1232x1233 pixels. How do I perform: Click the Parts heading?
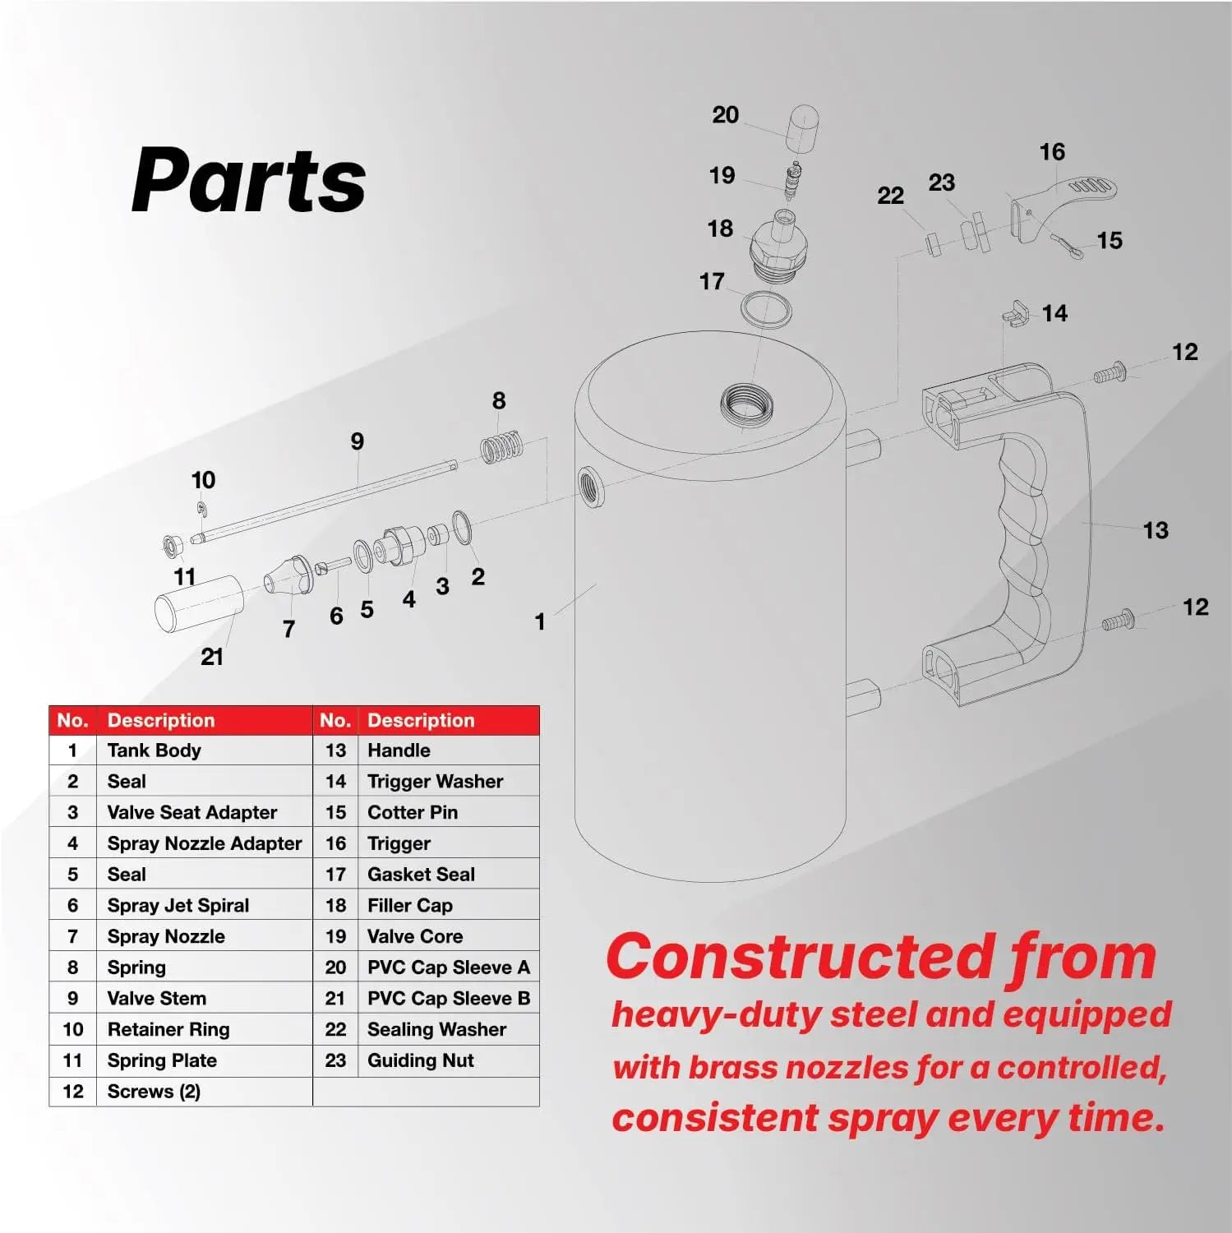pyautogui.click(x=248, y=181)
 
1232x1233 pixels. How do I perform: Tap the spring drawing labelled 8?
pyautogui.click(x=501, y=447)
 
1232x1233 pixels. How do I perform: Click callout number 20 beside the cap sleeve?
pyautogui.click(x=725, y=115)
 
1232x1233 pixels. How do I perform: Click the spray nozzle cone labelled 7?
pyautogui.click(x=288, y=576)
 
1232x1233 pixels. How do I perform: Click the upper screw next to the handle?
pyautogui.click(x=1110, y=374)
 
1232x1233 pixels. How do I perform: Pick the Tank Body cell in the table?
pyautogui.click(x=154, y=750)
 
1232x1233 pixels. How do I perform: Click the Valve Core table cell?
pyautogui.click(x=414, y=936)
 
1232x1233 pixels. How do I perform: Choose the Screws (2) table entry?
pyautogui.click(x=154, y=1092)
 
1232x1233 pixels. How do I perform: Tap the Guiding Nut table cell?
pyautogui.click(x=420, y=1060)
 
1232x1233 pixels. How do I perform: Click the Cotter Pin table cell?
pyautogui.click(x=412, y=812)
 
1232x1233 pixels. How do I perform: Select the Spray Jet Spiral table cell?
pyautogui.click(x=178, y=905)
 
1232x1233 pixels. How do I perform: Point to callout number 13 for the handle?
pyautogui.click(x=1155, y=530)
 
